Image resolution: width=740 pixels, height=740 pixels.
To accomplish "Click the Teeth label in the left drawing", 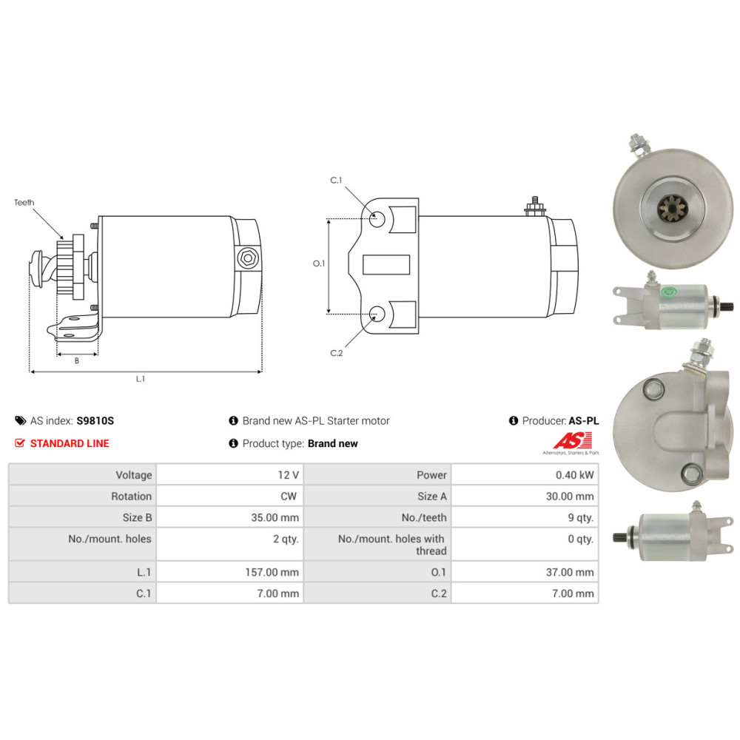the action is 24,203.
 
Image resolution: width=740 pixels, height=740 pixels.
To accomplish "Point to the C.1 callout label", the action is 336,181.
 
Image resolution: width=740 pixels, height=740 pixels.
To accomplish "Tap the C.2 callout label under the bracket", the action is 337,353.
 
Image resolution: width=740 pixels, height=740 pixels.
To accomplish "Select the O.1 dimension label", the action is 319,263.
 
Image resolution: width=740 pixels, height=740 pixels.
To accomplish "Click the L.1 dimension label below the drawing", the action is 141,378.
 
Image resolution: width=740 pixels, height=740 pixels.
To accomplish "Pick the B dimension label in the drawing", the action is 77,360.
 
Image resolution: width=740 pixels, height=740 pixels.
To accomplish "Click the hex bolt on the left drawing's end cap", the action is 248,258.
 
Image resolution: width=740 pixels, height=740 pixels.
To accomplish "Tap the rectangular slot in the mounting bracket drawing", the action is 386,264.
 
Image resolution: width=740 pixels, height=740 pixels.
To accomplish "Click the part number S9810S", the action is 95,421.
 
